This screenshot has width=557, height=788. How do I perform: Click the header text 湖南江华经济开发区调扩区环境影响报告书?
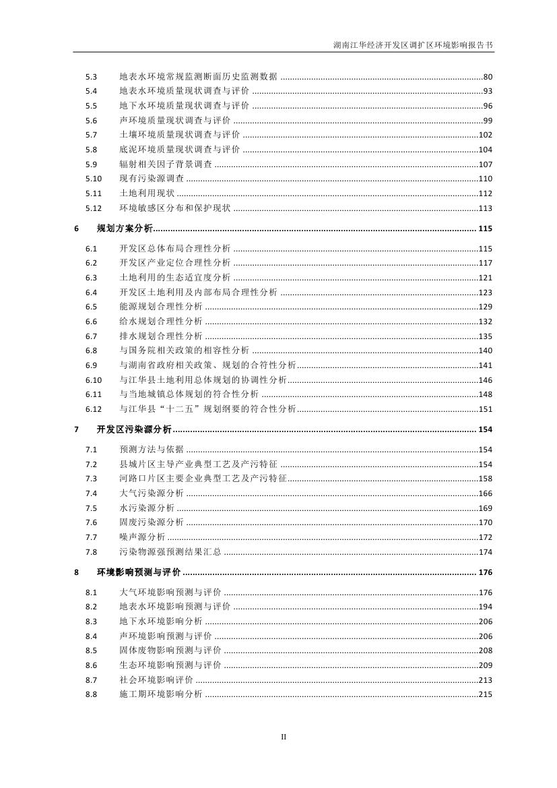[413, 46]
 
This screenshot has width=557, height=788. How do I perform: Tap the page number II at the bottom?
[284, 737]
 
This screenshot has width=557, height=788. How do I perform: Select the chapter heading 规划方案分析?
[125, 229]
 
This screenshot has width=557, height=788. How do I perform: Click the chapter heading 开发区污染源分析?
[134, 429]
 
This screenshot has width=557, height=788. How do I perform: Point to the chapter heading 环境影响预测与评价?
[139, 572]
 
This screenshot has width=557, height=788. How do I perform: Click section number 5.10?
[93, 179]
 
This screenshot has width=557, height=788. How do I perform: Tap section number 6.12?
[93, 409]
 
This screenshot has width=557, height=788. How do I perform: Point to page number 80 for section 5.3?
[488, 77]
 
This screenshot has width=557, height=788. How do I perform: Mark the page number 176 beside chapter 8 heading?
[485, 572]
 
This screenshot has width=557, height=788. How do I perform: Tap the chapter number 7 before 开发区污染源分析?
[77, 429]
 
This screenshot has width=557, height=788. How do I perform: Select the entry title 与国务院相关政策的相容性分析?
[185, 351]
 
